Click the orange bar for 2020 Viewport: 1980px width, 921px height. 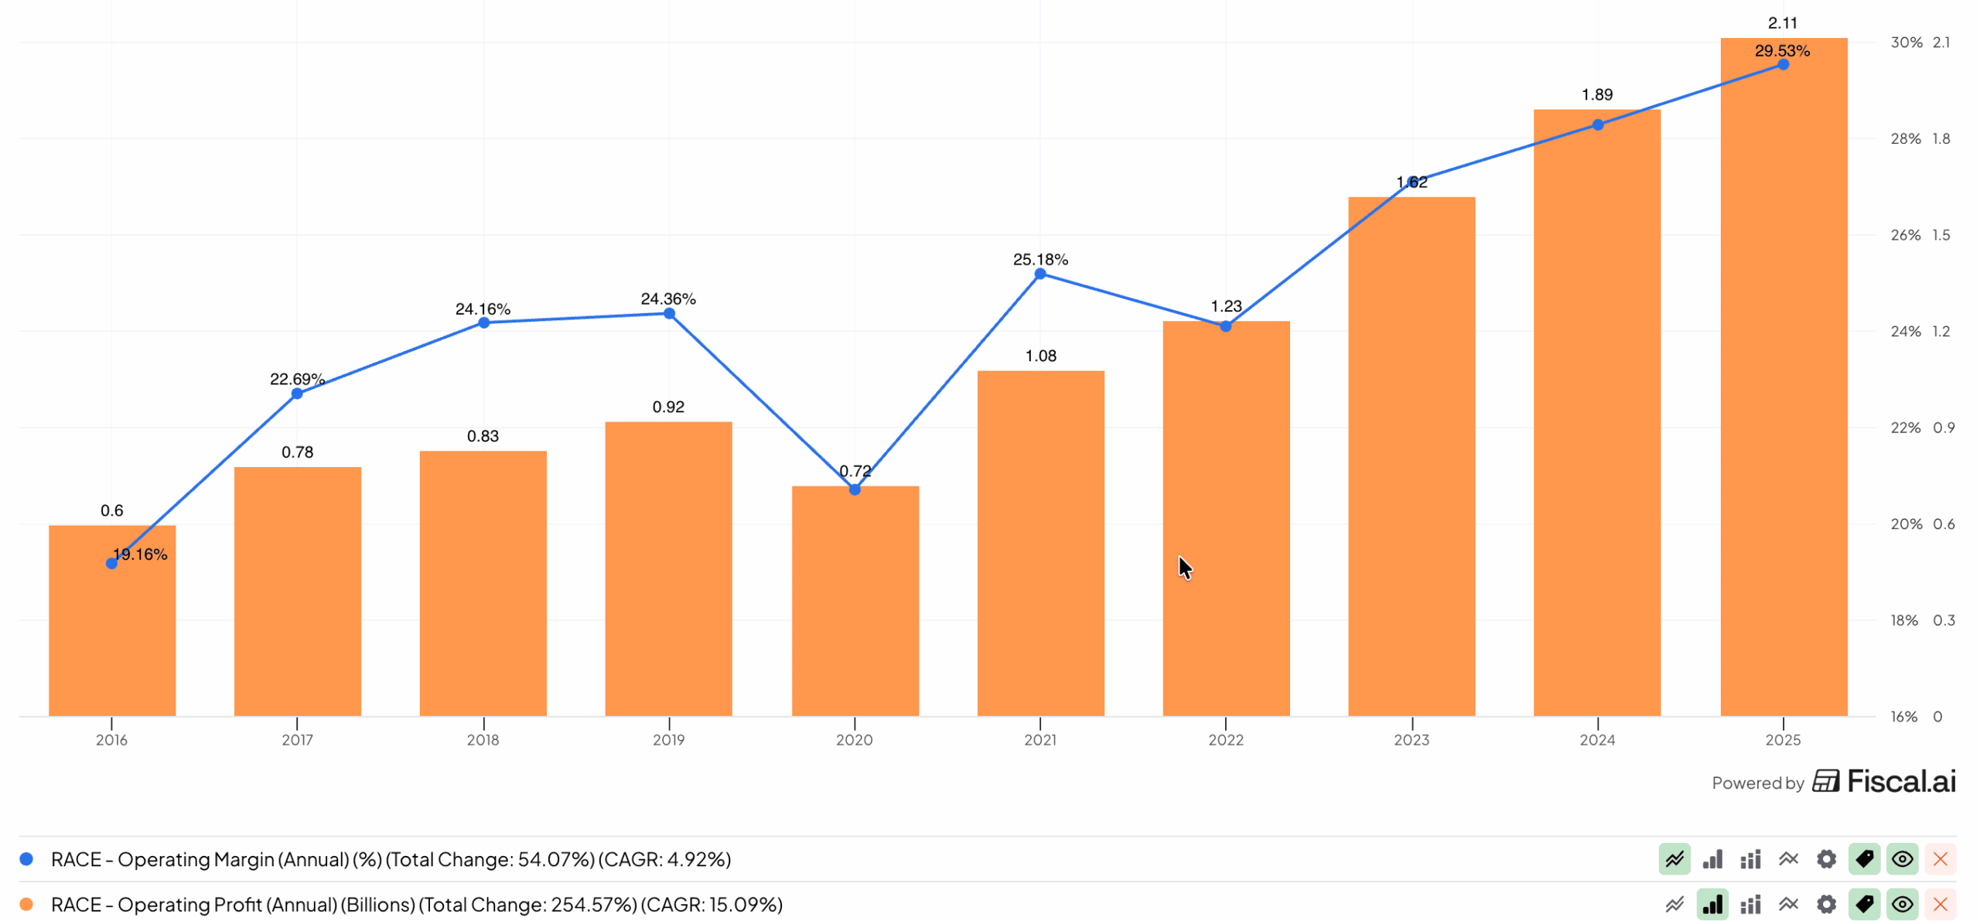[x=855, y=603]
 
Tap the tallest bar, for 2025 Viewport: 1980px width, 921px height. [x=1783, y=387]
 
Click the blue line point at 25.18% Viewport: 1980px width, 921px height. [x=1040, y=274]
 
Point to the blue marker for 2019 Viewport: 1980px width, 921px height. [x=669, y=314]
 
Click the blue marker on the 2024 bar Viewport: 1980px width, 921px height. [x=1597, y=125]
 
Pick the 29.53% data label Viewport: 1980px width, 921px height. [x=1781, y=51]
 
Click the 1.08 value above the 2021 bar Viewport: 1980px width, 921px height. [x=1040, y=356]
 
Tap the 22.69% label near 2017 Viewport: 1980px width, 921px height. [x=297, y=379]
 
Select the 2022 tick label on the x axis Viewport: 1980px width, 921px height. [x=1225, y=740]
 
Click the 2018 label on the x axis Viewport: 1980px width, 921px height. [x=483, y=740]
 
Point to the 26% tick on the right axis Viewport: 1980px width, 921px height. [x=1905, y=235]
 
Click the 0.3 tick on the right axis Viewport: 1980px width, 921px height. [x=1943, y=620]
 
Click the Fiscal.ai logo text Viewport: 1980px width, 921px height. [x=1900, y=782]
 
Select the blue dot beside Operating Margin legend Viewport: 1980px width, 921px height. [x=26, y=859]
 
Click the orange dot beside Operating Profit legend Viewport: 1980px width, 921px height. [x=26, y=904]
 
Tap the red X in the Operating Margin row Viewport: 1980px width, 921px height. [x=1940, y=859]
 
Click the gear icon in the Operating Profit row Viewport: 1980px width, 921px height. [x=1825, y=904]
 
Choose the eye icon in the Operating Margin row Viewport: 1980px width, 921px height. [x=1902, y=859]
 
